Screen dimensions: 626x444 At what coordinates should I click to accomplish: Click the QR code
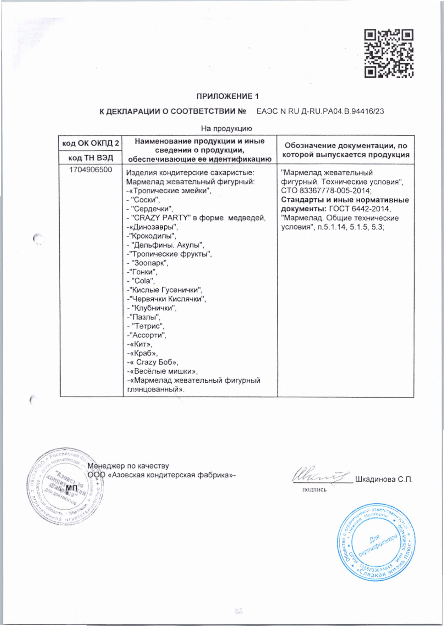[389, 53]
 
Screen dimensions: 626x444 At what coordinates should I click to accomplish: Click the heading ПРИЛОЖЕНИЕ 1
[228, 96]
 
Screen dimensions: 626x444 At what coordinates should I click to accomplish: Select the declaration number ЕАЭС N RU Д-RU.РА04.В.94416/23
[320, 111]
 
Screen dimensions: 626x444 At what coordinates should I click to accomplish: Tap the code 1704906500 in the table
[91, 170]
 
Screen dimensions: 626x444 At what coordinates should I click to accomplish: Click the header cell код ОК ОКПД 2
[91, 143]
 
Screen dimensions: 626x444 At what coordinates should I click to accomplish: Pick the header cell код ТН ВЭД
[91, 158]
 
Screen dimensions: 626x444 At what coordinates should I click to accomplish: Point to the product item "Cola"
[143, 281]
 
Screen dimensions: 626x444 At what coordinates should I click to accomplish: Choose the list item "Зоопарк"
[149, 263]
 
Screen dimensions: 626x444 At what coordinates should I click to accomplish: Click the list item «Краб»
[144, 353]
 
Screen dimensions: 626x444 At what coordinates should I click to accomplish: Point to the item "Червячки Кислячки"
[168, 299]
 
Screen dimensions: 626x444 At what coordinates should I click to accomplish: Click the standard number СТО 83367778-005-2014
[326, 191]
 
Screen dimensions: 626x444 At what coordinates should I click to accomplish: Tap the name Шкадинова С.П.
[384, 480]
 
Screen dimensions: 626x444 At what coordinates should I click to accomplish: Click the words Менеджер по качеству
[128, 466]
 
